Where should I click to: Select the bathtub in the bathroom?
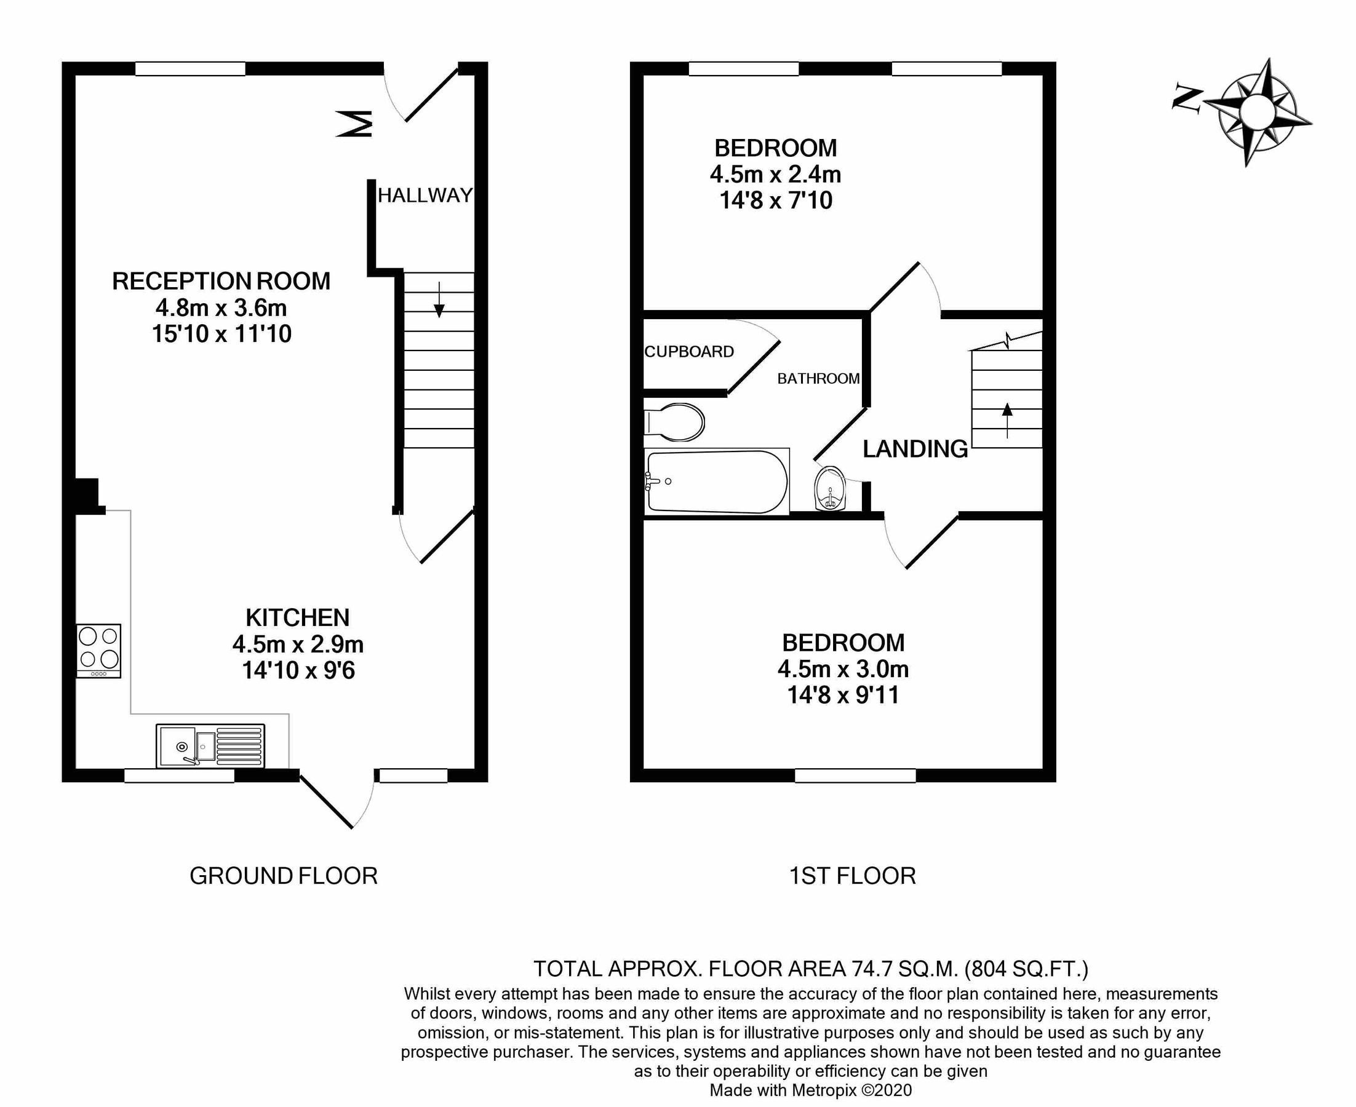coord(716,482)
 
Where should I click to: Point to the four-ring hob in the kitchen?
coord(98,651)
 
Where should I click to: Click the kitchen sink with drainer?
coord(210,745)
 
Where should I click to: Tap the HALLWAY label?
coord(425,195)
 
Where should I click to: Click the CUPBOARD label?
coord(689,351)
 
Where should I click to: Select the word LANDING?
coord(915,449)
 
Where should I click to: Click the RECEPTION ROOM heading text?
coord(221,281)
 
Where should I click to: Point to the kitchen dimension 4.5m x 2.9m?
coord(298,644)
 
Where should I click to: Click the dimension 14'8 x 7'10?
coord(776,200)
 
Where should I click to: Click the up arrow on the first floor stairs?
coord(1007,419)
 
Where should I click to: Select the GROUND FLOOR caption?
coord(283,876)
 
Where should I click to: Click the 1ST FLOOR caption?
coord(852,876)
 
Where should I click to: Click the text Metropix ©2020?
coord(851,1090)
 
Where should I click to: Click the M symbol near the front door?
coord(354,124)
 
